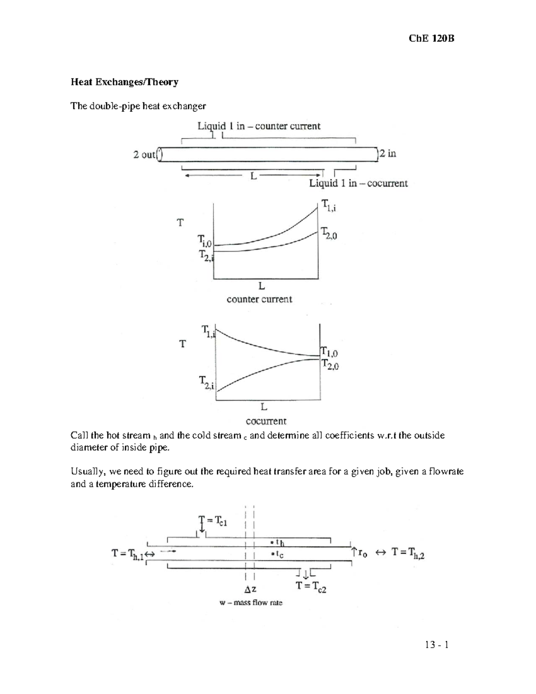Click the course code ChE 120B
[431, 38]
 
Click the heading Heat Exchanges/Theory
[125, 82]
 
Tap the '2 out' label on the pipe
[144, 155]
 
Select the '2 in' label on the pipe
[388, 154]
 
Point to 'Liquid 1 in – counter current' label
[259, 126]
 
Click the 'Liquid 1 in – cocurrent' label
[358, 183]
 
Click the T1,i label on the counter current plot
[329, 206]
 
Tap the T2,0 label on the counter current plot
[329, 233]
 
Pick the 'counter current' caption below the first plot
[259, 299]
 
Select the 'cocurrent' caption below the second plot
[266, 421]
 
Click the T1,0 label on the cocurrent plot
[330, 353]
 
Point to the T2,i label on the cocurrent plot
[207, 382]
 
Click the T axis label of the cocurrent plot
[182, 344]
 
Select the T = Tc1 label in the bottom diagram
[213, 521]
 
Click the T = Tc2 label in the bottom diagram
[311, 587]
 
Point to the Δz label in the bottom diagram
[250, 589]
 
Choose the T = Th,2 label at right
[408, 553]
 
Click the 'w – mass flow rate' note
[251, 603]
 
